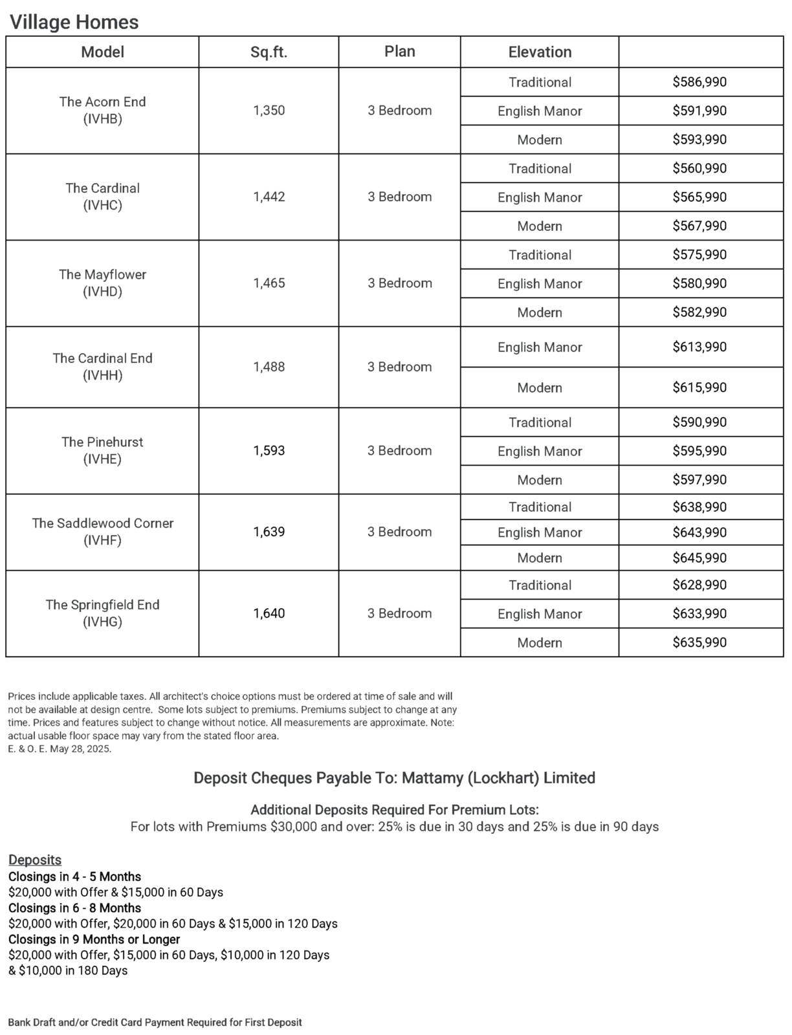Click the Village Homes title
point(74,23)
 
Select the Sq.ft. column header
point(269,52)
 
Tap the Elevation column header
point(540,52)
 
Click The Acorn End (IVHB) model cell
point(102,110)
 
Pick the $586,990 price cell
point(699,82)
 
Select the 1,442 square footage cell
point(269,197)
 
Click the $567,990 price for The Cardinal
point(699,226)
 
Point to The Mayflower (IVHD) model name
point(102,283)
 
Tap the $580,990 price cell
point(699,283)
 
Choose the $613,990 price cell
point(699,347)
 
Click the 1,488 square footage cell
point(269,367)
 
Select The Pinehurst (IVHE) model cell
point(102,450)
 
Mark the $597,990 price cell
point(699,480)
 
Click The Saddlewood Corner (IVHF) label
point(102,532)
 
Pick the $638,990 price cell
point(699,507)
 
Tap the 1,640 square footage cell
point(269,613)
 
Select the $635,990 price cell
point(699,642)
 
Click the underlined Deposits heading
point(35,860)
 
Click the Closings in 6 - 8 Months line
point(74,908)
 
